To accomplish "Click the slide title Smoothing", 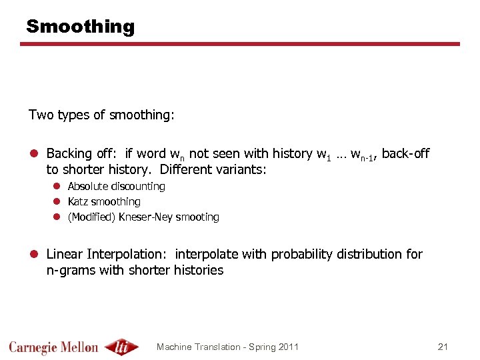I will point(80,27).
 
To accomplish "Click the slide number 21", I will point(443,347).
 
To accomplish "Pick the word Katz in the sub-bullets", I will point(78,201).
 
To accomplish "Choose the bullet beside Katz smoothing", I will point(57,201).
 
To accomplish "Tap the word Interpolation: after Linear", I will point(127,254).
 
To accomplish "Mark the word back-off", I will point(405,154).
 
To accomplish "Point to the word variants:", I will point(243,169).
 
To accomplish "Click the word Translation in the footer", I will point(215,347).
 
